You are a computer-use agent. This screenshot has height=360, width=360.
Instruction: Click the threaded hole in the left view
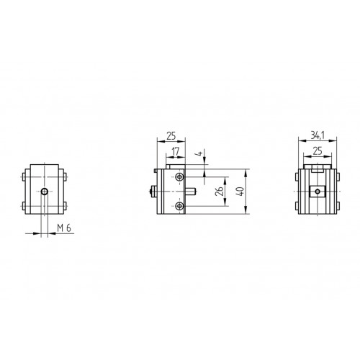(45, 192)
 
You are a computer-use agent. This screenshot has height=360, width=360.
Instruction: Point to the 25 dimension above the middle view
(170, 135)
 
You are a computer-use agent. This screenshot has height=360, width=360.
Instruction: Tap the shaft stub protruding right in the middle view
(193, 192)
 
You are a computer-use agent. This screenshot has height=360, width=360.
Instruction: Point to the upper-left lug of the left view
(25, 176)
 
